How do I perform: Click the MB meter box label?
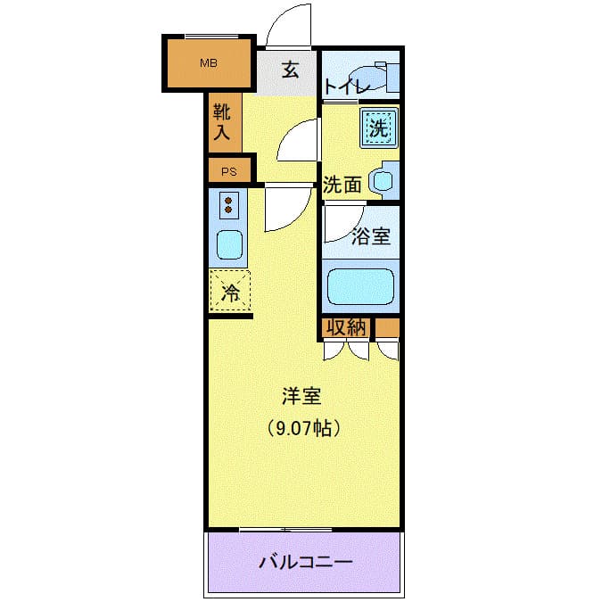coord(208,62)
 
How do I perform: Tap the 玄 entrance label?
coord(291,70)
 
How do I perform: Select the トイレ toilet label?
coord(344,87)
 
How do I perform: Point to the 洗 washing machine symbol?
coord(378,128)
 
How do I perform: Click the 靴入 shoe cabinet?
coord(222,124)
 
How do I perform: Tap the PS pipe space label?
coord(229,172)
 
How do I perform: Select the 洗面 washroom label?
coord(342,186)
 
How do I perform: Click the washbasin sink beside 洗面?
coord(383,181)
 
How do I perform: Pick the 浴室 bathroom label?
coord(370,236)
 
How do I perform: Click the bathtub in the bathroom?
coord(361,287)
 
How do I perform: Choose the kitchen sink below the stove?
coord(229,243)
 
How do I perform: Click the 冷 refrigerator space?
coord(230,292)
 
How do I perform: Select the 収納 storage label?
coord(345,327)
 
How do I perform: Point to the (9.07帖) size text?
coord(303,428)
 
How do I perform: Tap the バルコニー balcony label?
coord(305,563)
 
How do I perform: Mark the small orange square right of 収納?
coord(387,328)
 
